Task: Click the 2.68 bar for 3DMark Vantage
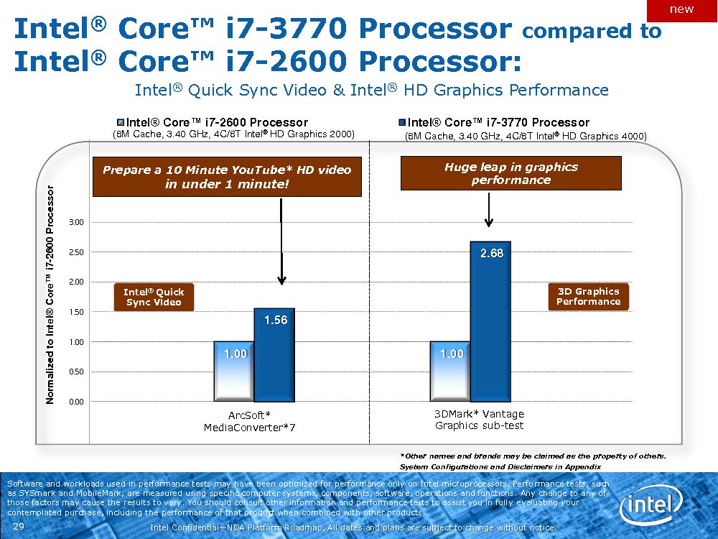click(x=490, y=321)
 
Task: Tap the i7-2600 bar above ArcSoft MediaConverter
click(x=234, y=372)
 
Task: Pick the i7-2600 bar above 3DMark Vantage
click(x=450, y=372)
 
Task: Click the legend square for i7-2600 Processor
click(x=121, y=122)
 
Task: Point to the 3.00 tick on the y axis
click(x=75, y=222)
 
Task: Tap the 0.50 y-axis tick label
click(x=75, y=372)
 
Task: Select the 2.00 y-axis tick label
click(x=75, y=282)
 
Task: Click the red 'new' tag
click(x=681, y=9)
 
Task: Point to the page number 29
click(x=19, y=528)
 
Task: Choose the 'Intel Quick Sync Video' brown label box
click(x=154, y=297)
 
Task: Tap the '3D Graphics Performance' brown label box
click(x=588, y=296)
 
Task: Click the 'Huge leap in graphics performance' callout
click(x=510, y=173)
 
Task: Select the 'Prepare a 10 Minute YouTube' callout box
click(x=227, y=177)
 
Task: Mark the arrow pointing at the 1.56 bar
click(x=282, y=241)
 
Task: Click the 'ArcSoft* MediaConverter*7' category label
click(x=249, y=421)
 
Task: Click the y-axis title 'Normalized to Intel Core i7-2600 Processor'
click(x=50, y=294)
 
